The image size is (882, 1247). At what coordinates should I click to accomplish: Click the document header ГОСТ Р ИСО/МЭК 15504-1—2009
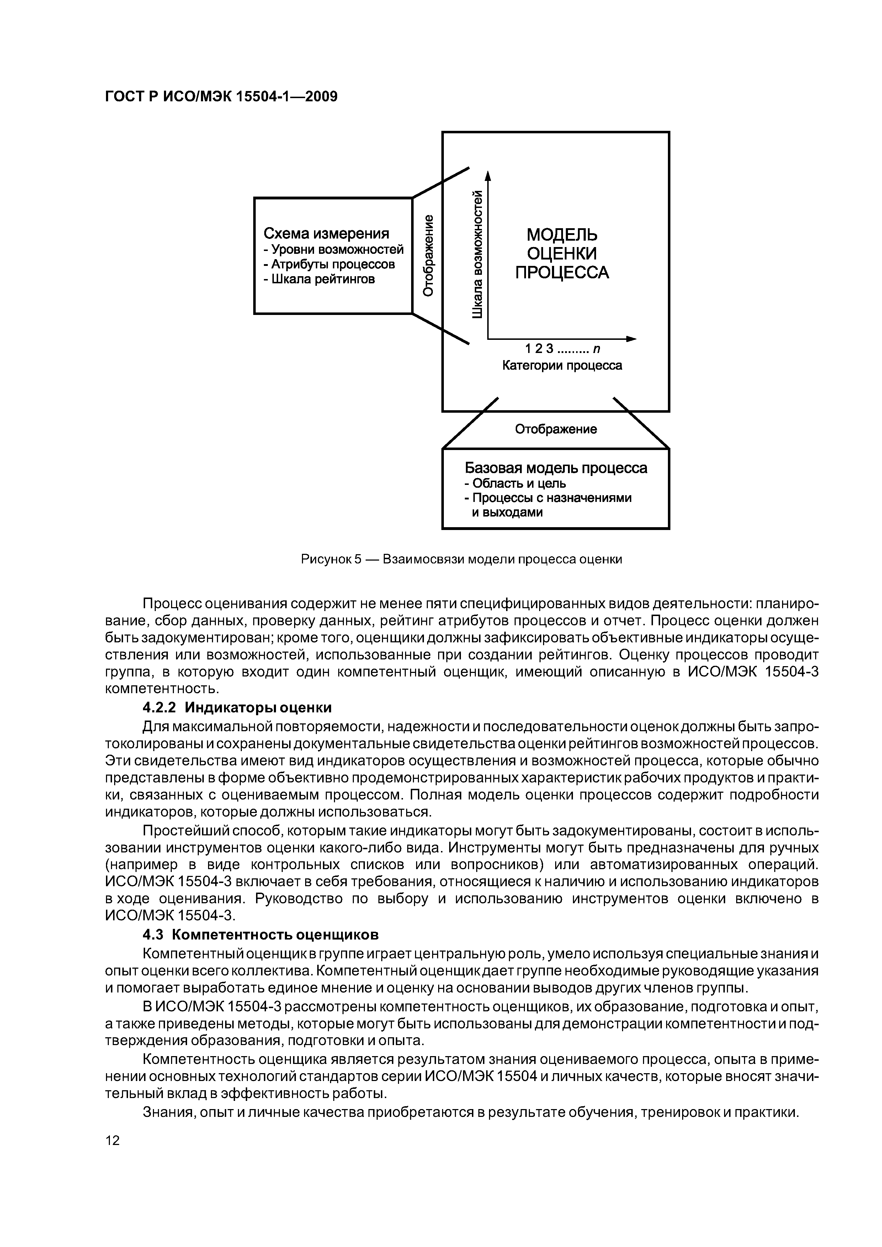point(220,97)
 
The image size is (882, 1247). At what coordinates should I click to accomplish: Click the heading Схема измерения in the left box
point(326,234)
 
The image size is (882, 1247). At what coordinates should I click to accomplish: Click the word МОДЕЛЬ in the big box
point(562,235)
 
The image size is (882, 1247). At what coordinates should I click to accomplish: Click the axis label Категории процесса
point(561,365)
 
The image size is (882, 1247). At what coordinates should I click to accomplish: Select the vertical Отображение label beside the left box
point(429,255)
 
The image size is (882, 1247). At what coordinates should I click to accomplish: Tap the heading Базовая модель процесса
point(556,468)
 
